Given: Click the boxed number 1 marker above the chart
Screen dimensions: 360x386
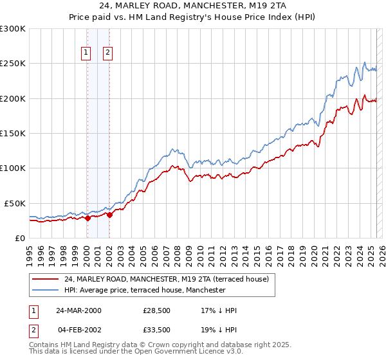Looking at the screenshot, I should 86,54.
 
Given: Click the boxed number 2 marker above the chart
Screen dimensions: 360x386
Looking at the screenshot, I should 107,54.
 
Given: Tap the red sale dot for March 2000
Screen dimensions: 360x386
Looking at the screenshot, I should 87,218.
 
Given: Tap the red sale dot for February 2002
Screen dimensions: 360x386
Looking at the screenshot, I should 109,215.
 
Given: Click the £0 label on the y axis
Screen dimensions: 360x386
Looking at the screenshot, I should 19,238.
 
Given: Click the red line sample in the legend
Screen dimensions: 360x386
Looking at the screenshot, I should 45,279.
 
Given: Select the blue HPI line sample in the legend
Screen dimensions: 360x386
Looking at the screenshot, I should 45,290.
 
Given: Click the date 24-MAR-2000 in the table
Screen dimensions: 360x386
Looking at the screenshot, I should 78,310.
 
